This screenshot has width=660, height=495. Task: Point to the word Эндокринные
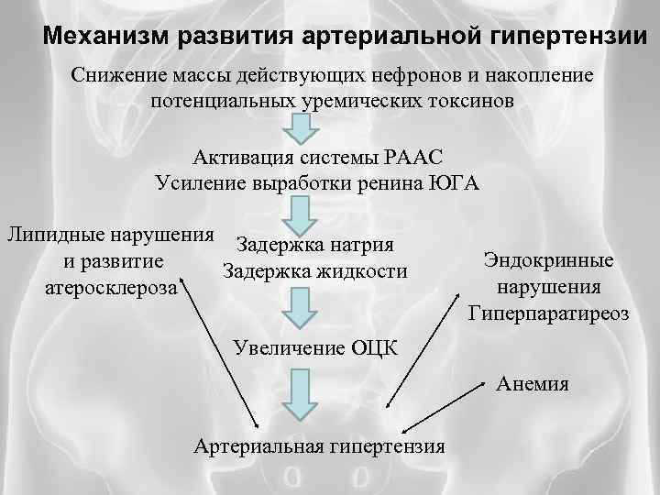(548, 260)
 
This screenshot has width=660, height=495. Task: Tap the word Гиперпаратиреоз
(548, 313)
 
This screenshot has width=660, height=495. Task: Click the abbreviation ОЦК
(375, 347)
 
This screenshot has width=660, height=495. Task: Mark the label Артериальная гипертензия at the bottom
(320, 446)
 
